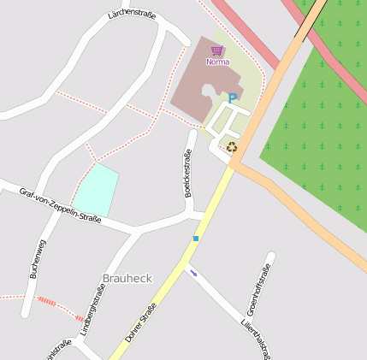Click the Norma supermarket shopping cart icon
pos(217,51)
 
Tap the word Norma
pos(218,62)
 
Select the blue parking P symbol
pos(232,99)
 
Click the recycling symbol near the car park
pos(231,147)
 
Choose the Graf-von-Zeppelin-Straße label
pos(60,205)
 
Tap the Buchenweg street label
pos(38,259)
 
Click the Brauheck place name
pos(127,279)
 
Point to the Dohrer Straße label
pos(140,323)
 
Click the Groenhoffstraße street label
pos(257,291)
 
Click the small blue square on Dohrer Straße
pos(196,238)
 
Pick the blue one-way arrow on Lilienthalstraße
pos(194,274)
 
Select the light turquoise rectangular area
pos(97,190)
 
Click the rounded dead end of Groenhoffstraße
pos(271,256)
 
